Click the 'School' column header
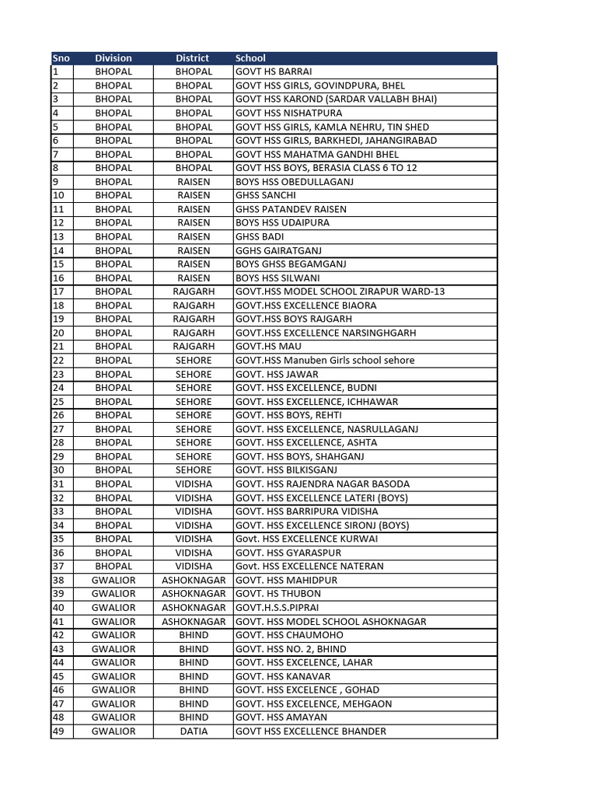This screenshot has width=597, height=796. tap(250, 58)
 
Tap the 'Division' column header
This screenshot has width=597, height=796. tap(113, 58)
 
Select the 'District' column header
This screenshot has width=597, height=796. tap(193, 58)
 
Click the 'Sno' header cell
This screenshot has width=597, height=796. tap(61, 58)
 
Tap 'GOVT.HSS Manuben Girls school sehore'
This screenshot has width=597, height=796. tap(325, 360)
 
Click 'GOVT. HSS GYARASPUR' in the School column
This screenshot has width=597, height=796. tap(288, 553)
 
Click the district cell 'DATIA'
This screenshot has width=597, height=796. tap(194, 731)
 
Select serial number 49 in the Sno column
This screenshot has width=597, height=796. tap(58, 731)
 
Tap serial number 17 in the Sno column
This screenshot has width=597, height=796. tap(58, 292)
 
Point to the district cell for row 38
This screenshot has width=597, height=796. tap(194, 580)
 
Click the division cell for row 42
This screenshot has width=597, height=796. tap(113, 635)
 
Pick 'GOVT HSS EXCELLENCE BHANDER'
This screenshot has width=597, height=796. tap(310, 731)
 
